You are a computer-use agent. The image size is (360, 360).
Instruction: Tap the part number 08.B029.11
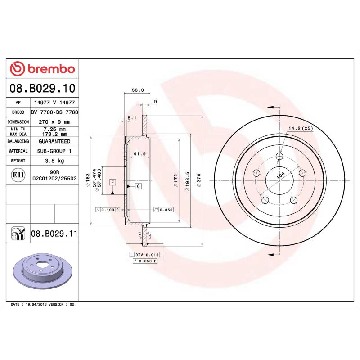point(54,233)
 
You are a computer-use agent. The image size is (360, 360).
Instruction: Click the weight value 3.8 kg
point(54,161)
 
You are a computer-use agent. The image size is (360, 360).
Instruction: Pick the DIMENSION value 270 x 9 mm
point(54,122)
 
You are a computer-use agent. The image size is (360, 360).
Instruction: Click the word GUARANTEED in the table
point(54,141)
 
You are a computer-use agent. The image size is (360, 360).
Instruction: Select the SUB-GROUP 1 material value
point(54,151)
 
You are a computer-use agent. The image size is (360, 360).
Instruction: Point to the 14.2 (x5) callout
point(300,128)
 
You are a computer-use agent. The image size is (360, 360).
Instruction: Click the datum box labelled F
point(113,182)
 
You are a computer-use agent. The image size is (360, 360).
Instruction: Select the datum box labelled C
point(138,186)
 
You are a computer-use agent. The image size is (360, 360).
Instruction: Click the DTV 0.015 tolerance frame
point(144,255)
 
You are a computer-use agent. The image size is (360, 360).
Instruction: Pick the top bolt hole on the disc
point(279,156)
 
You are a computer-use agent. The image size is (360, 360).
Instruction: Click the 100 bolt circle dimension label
point(281,175)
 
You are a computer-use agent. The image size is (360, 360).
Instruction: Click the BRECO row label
point(18,112)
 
